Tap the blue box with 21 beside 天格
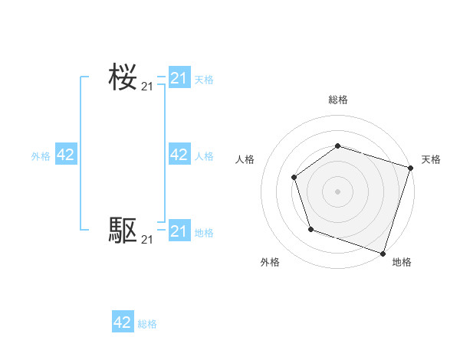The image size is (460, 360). tap(179, 78)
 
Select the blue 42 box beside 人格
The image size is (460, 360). tap(179, 155)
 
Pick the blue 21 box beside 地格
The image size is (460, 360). tap(179, 231)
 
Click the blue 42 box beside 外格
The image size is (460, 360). tap(66, 155)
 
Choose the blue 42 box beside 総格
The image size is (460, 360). tap(123, 322)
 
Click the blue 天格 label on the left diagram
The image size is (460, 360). tap(204, 79)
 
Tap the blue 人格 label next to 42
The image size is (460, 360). tap(204, 155)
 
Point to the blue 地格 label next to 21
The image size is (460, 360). tap(204, 232)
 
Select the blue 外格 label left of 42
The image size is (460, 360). tap(41, 155)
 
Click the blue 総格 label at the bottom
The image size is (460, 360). tap(147, 324)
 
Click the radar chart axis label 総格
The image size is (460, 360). tap(337, 100)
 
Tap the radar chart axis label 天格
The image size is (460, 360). tap(431, 159)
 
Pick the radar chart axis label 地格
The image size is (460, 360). tap(402, 262)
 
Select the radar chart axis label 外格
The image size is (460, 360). tap(270, 262)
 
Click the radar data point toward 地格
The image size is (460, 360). tap(383, 252)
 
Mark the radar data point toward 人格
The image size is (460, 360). tap(294, 178)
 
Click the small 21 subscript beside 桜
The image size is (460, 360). tap(146, 87)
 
